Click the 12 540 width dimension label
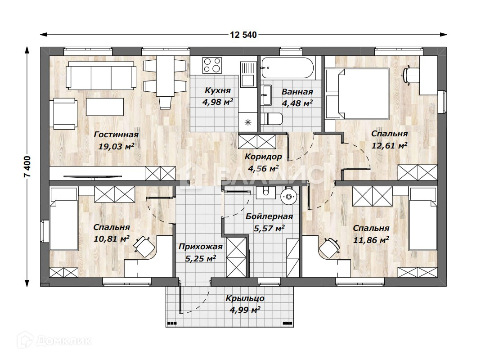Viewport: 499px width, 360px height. [243, 35]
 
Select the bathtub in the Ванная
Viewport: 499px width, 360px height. [288, 68]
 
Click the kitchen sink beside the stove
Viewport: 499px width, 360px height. [247, 75]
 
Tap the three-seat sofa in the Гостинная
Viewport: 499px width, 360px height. [101, 76]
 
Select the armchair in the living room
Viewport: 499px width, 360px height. [65, 114]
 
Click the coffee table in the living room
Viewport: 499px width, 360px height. [105, 107]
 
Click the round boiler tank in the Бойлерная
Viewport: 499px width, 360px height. [288, 196]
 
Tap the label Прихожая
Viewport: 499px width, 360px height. [201, 247]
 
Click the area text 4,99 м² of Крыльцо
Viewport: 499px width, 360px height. [245, 310]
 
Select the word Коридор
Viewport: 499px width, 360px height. [263, 157]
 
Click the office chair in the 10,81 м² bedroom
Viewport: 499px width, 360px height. [144, 246]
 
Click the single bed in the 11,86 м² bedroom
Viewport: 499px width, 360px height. [423, 219]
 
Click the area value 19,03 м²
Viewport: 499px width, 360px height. [116, 146]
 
